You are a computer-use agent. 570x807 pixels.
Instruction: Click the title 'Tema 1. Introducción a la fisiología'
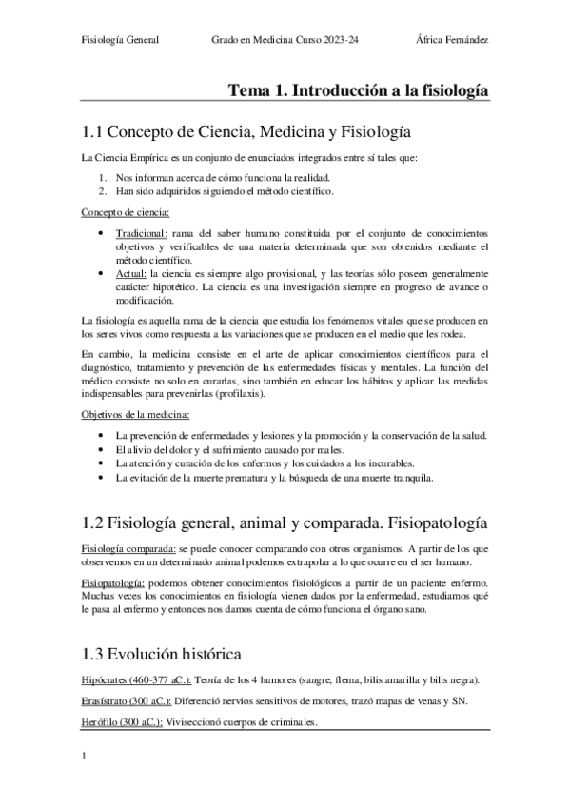(x=359, y=90)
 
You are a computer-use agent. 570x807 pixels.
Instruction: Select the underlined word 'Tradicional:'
(x=141, y=233)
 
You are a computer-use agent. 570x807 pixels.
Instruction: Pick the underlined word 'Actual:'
(x=132, y=274)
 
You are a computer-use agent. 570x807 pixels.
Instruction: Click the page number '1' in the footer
(x=86, y=758)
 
